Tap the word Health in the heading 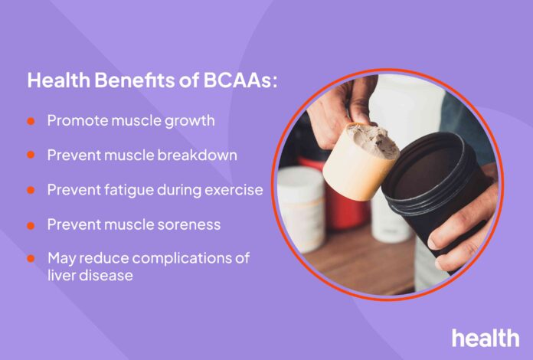tap(59, 80)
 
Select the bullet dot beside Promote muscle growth tap(31, 121)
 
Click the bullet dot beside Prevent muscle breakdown tap(31, 155)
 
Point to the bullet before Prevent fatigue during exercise tap(31, 190)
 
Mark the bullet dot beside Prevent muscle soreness tap(31, 225)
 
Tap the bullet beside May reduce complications tap(31, 258)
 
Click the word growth tap(190, 122)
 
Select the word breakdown tap(197, 155)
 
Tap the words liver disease tap(90, 275)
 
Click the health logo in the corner tap(486, 338)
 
